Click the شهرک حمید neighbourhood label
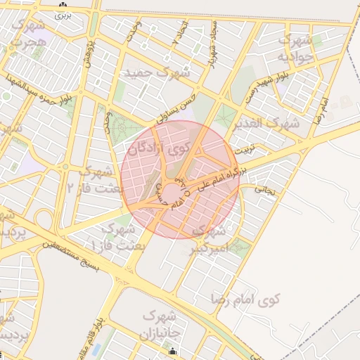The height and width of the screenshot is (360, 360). point(156,72)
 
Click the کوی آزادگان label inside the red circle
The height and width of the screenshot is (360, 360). point(159,148)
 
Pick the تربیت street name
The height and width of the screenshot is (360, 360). point(245,150)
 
